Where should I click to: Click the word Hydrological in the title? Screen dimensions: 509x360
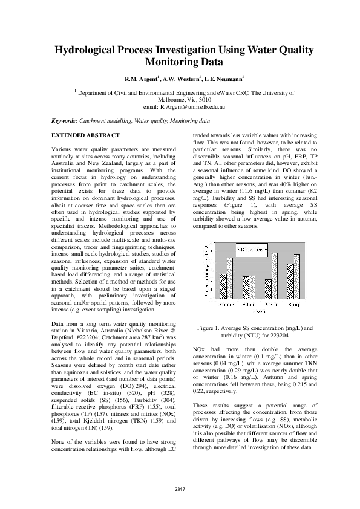[x=91, y=50]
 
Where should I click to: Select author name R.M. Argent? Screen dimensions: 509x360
[x=140, y=79]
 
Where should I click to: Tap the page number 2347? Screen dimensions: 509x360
[x=180, y=488]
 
